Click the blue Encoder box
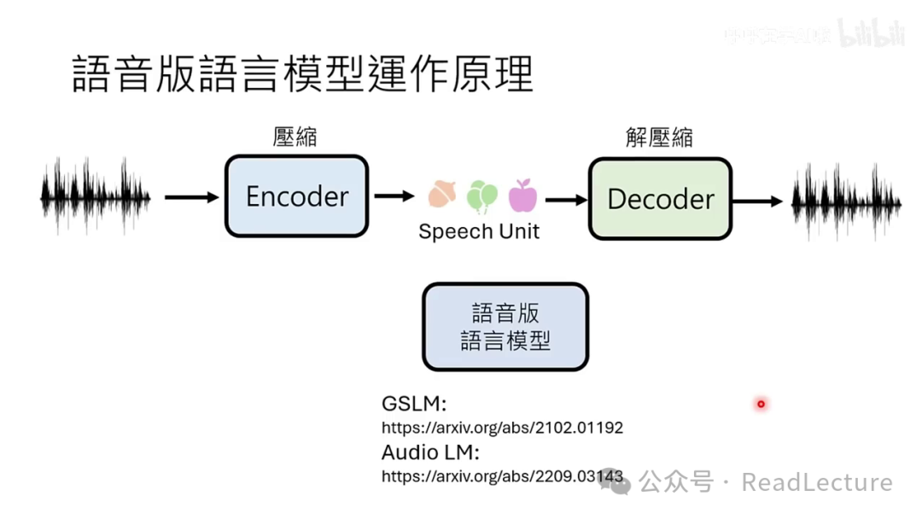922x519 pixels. tap(296, 196)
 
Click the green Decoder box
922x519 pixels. tap(660, 199)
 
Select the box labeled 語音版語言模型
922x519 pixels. tap(505, 327)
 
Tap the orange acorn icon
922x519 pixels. tap(441, 195)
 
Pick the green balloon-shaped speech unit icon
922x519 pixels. tap(481, 196)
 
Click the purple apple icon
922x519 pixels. tap(522, 196)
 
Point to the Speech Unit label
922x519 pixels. tap(479, 231)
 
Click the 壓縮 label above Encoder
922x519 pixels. tap(295, 137)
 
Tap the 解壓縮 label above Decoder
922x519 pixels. tap(659, 137)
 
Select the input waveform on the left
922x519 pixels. tap(96, 196)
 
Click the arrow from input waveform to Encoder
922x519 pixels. tap(191, 197)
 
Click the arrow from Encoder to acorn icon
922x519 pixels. tap(394, 196)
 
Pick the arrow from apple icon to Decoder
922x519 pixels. tap(566, 200)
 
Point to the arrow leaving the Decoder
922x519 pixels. tap(757, 201)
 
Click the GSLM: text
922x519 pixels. tap(413, 404)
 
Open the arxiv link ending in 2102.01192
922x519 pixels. tap(502, 428)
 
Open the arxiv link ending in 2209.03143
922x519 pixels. tap(502, 476)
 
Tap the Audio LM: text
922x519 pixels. tap(430, 452)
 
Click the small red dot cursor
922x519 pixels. tap(761, 404)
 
